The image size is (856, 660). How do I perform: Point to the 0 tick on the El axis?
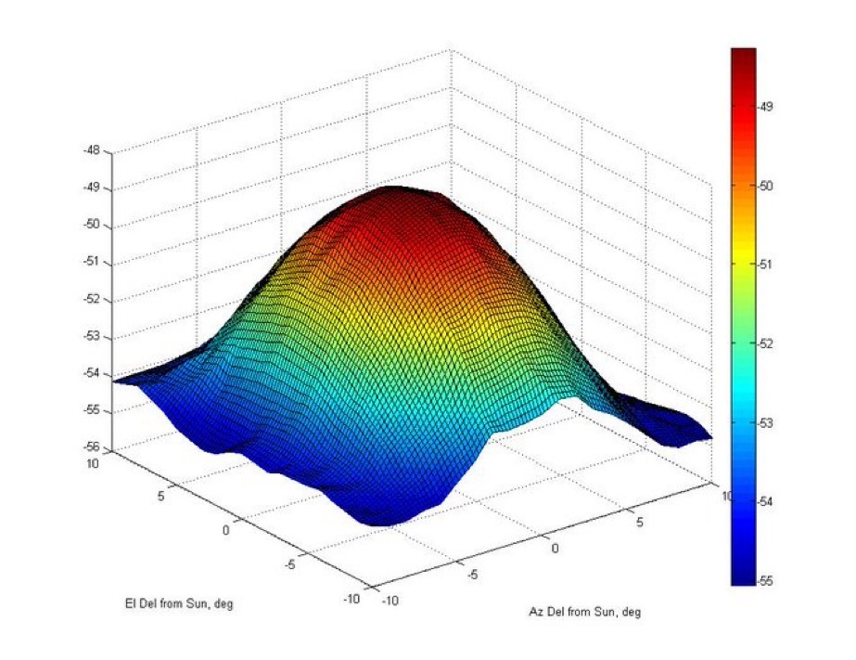(225, 529)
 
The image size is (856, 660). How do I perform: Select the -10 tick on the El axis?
(351, 599)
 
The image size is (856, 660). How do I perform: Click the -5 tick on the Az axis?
(472, 576)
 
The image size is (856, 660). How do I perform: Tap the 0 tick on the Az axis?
(556, 548)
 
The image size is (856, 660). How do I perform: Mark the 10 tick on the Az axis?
(726, 497)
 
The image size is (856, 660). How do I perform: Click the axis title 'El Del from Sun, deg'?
(180, 604)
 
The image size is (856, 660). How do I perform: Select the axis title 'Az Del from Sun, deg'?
(585, 613)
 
